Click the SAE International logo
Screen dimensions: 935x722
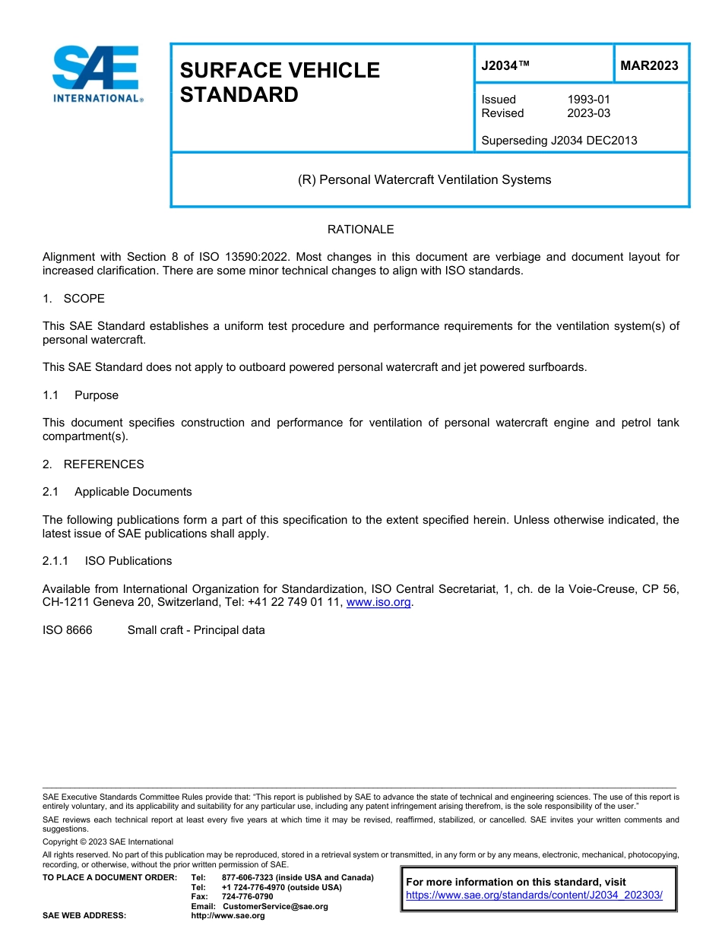[97, 74]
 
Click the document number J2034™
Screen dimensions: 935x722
[505, 65]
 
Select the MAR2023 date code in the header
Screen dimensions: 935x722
[649, 65]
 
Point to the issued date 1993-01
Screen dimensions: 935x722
[588, 100]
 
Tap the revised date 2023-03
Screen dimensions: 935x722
[588, 113]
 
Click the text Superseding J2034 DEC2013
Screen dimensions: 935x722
[559, 140]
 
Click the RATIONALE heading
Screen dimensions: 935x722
[360, 230]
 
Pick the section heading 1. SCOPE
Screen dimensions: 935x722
[74, 299]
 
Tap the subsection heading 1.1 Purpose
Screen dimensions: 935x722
[81, 395]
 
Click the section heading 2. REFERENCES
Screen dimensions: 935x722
[93, 464]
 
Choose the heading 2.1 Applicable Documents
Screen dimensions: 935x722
[117, 492]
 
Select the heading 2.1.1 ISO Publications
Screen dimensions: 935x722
[107, 561]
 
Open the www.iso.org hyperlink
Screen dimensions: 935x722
[378, 603]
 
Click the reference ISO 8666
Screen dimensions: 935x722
[68, 630]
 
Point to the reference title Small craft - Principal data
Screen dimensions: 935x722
[196, 630]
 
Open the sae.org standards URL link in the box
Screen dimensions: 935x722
[534, 895]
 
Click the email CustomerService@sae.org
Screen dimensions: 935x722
[275, 906]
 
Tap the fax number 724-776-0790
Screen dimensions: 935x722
[247, 897]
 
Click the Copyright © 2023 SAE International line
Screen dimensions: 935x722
[108, 841]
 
